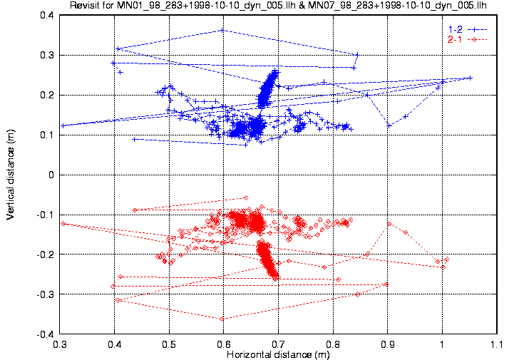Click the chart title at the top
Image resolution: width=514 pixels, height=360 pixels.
pos(278,6)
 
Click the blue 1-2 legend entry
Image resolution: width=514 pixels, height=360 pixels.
pos(468,29)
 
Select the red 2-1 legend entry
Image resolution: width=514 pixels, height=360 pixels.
pos(468,40)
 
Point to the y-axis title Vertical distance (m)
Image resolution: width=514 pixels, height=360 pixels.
pos(11,174)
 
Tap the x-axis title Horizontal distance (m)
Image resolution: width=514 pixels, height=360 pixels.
pos(278,354)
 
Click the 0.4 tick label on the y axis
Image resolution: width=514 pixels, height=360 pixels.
pos(47,15)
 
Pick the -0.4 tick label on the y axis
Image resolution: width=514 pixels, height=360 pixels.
pos(46,334)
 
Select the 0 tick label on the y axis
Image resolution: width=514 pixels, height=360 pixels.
pos(51,175)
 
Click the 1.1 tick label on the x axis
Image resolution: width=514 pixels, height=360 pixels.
pos(497,344)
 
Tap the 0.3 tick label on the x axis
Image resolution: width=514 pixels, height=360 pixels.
pos(60,344)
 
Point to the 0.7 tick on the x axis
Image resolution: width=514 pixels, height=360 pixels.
pos(278,344)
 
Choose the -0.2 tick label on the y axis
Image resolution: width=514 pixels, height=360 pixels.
pos(46,254)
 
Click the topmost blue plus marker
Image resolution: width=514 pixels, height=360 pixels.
pos(222,30)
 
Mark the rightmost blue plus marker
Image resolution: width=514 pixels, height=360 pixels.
pos(471,78)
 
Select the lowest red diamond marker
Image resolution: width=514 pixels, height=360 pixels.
pos(222,319)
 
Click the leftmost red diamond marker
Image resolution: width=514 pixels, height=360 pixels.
pos(63,224)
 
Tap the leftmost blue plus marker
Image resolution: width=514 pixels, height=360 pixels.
pos(63,125)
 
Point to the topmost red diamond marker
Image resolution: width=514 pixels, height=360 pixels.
pos(246,197)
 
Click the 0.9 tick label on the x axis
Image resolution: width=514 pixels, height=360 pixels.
pos(388,344)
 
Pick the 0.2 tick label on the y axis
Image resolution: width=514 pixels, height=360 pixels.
pos(47,95)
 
